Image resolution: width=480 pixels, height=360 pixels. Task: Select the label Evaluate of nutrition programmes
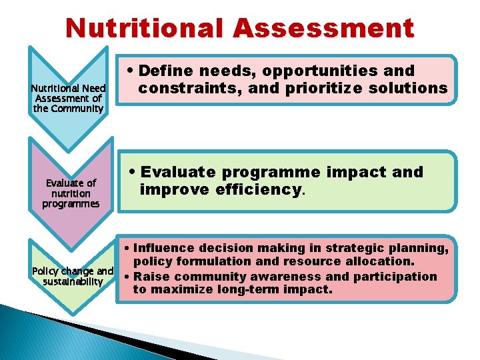pyautogui.click(x=71, y=193)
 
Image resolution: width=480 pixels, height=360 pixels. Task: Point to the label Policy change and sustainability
pyautogui.click(x=73, y=276)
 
